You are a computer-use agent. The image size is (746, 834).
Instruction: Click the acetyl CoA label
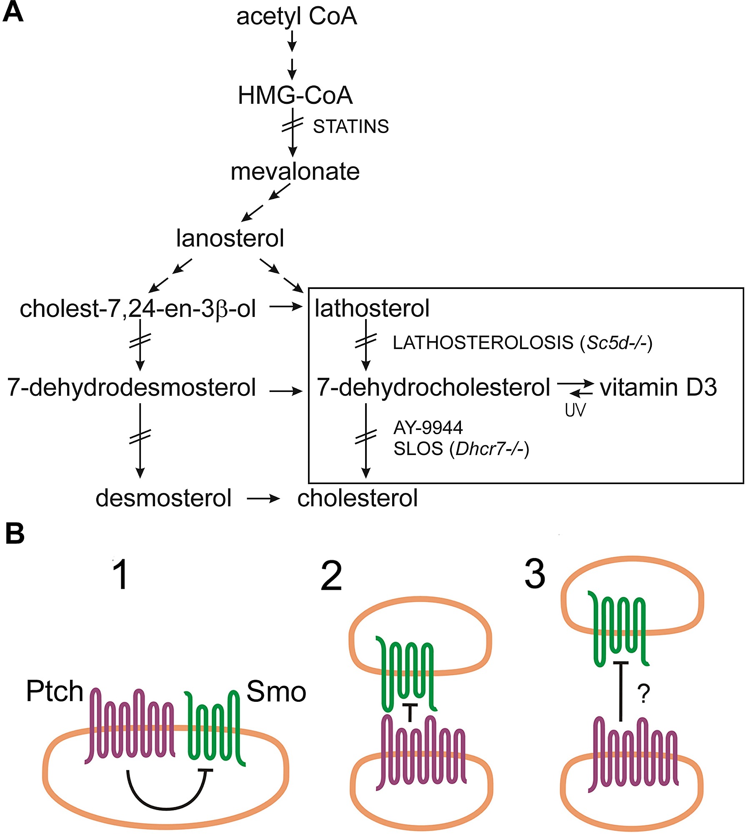coord(296,17)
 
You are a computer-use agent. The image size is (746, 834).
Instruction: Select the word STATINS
coord(350,127)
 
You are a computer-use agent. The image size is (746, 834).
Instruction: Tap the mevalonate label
coord(295,171)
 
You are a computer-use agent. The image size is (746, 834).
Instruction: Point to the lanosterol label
coord(230,238)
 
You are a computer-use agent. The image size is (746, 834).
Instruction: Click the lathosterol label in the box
coord(372,308)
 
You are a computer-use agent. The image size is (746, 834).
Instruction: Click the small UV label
coord(575,410)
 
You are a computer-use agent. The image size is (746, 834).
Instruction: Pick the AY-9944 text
coord(428,427)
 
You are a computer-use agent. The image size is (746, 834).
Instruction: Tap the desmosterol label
coord(163,498)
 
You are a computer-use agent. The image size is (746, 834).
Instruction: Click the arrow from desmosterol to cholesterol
coord(263,499)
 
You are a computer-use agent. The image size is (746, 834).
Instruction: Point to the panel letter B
coord(15,533)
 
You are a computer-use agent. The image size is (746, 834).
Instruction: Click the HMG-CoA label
coord(295,95)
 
